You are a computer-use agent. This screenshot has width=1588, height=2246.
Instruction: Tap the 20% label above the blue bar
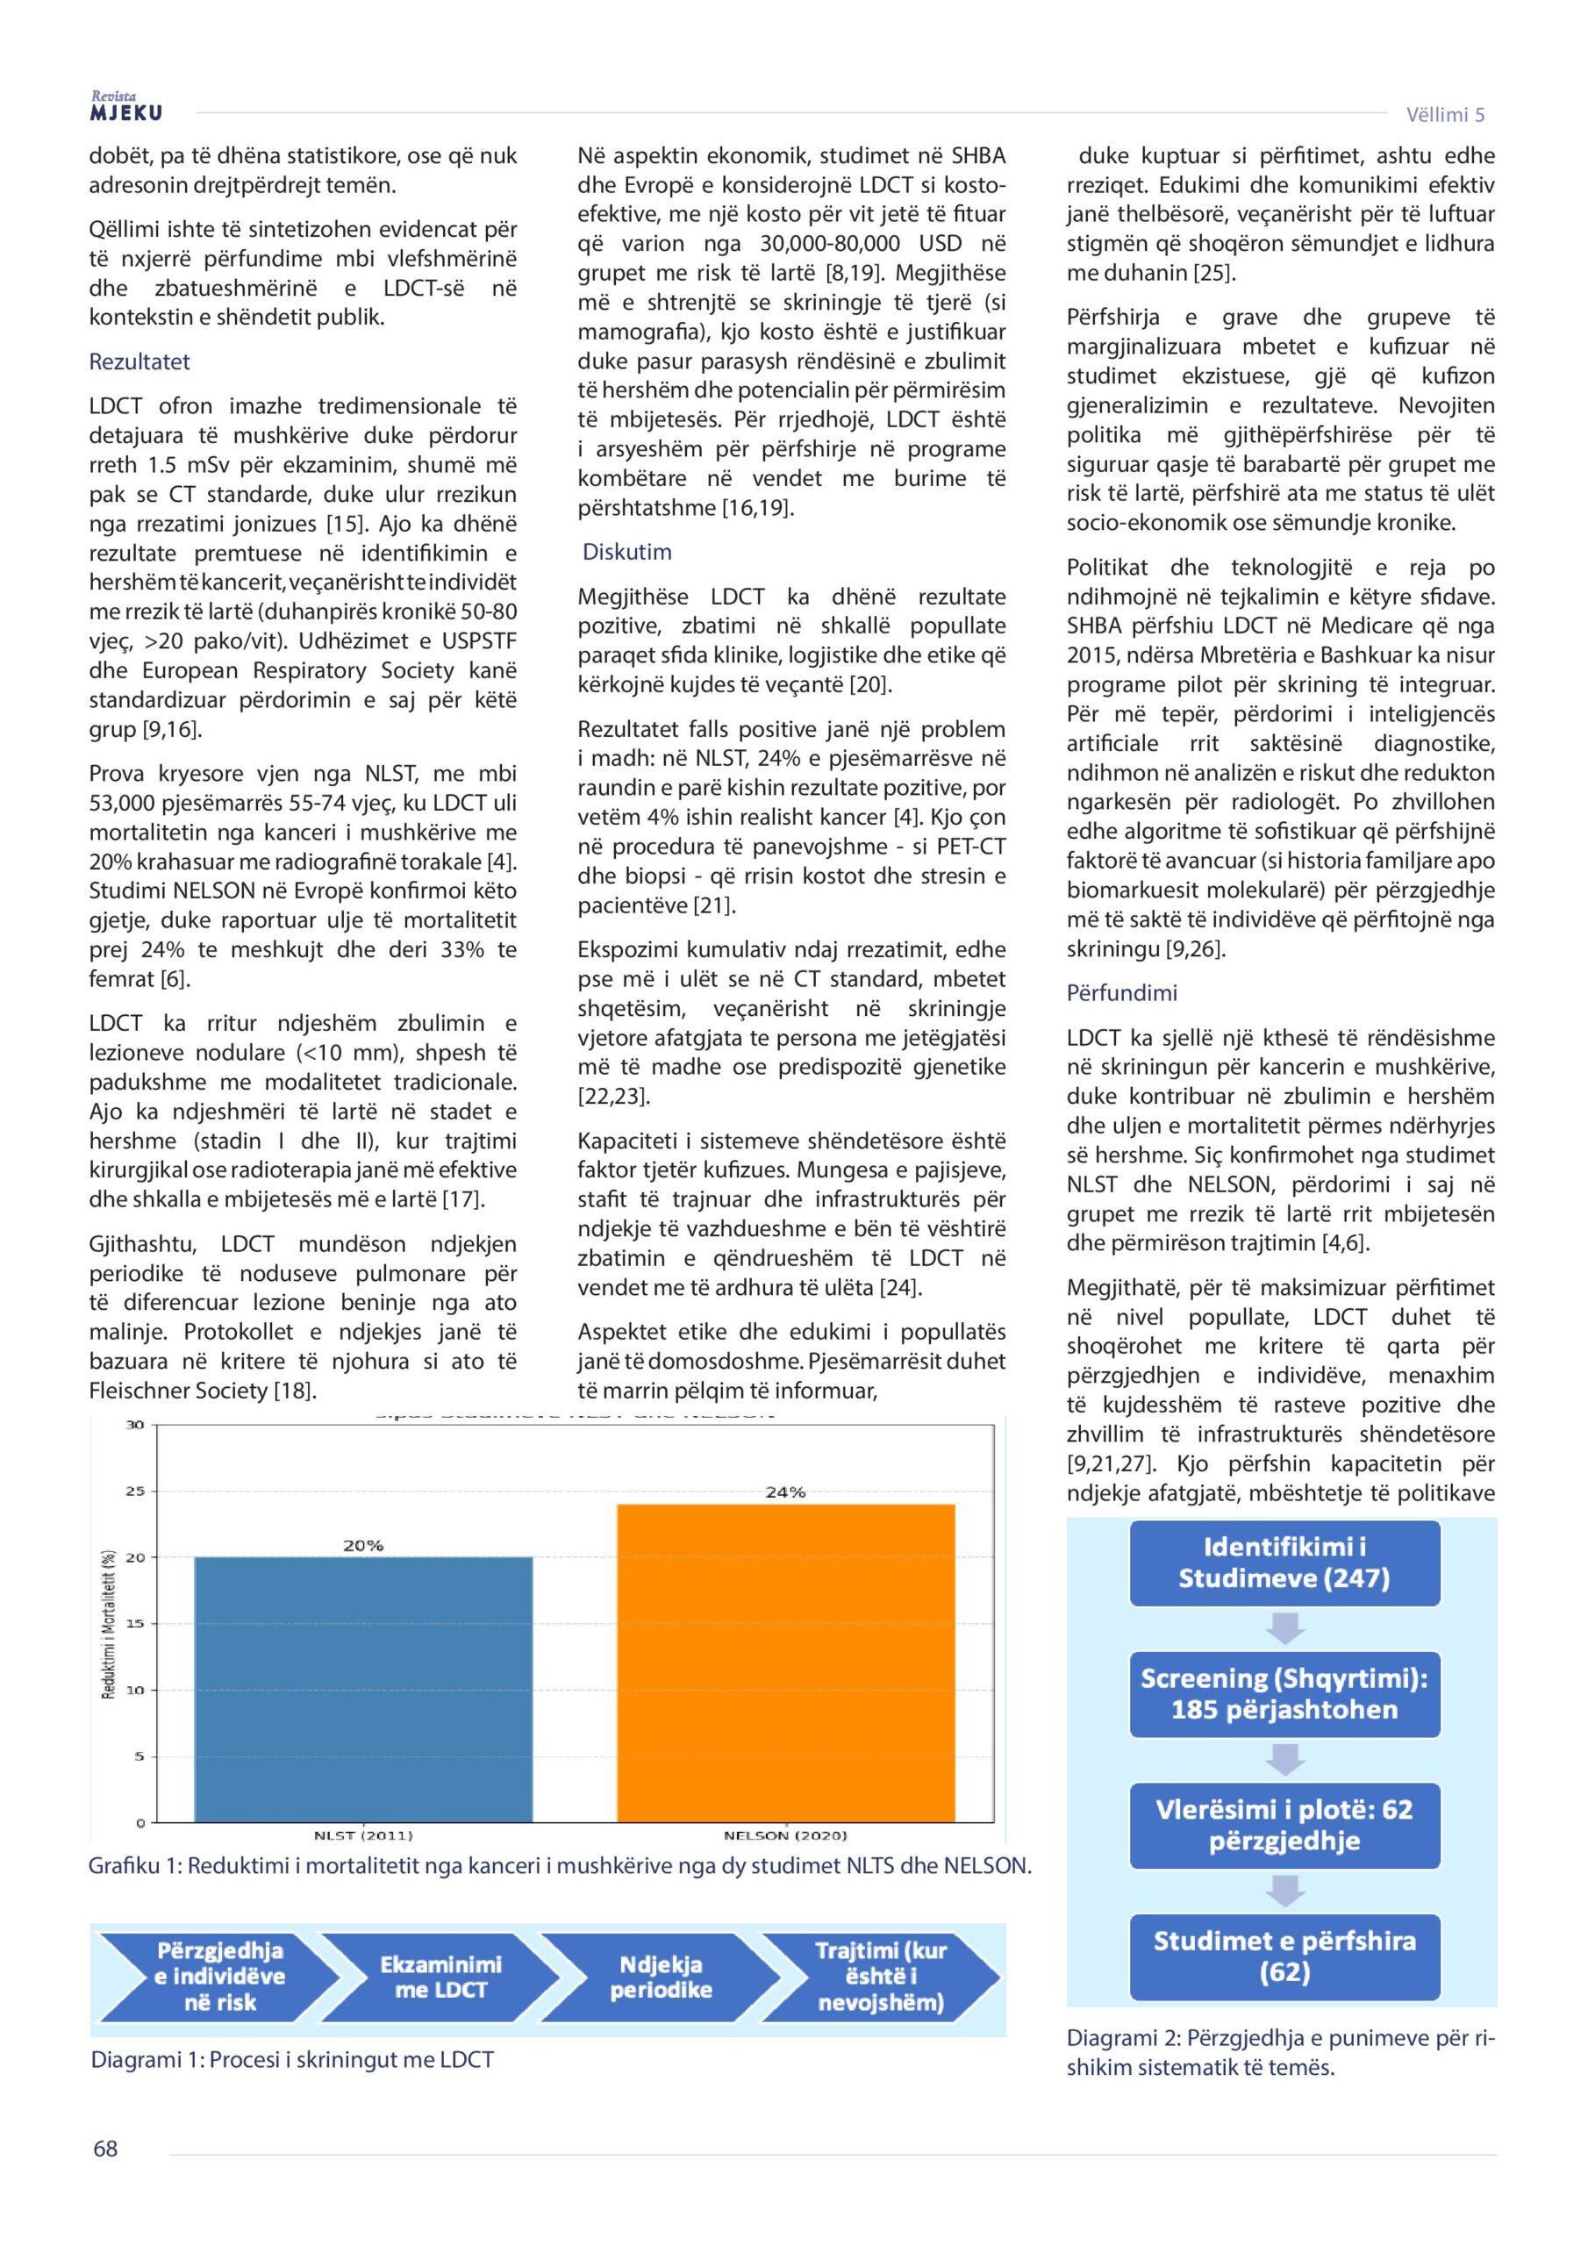click(362, 1546)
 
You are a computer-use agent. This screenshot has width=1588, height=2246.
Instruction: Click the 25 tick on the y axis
click(135, 1491)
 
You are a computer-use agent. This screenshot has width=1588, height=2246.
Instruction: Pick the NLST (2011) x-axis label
click(363, 1835)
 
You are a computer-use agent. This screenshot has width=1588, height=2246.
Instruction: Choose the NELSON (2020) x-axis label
click(784, 1835)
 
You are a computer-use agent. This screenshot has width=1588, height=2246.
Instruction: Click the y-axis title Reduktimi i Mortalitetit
click(109, 1624)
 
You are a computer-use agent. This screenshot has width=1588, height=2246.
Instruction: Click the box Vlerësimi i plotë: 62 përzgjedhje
click(1284, 1824)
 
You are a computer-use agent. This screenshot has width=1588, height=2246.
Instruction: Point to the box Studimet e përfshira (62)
click(1284, 1956)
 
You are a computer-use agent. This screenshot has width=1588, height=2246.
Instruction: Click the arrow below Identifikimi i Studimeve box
click(1284, 1627)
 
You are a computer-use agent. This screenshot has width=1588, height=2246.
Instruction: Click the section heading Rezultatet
click(139, 362)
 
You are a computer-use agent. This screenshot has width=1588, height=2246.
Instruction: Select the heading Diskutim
click(627, 552)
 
